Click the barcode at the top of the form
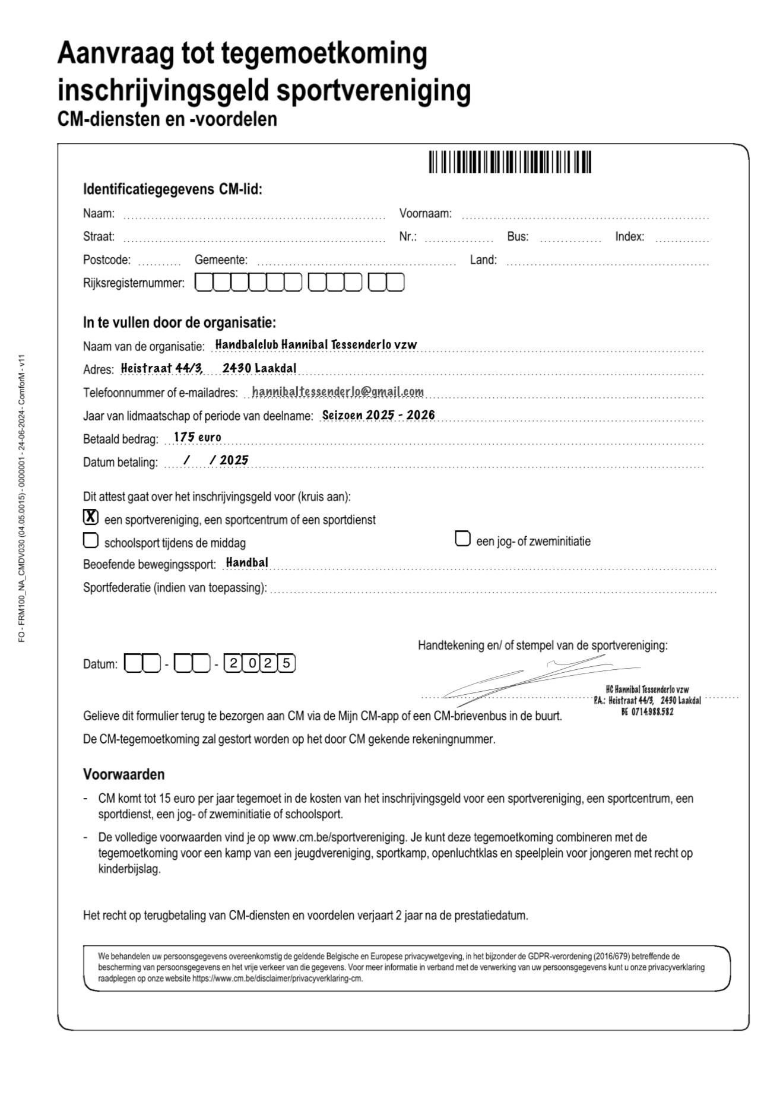[x=510, y=162]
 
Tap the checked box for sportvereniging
[x=90, y=517]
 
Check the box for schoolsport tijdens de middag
[x=90, y=540]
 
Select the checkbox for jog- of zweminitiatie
[x=462, y=539]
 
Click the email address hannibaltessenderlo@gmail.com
[x=338, y=392]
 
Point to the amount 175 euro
[x=197, y=438]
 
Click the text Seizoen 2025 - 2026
[x=378, y=415]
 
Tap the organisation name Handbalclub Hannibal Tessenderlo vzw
[x=316, y=344]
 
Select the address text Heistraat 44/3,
[x=162, y=368]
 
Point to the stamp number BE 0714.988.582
[x=647, y=711]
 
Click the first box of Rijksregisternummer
[x=204, y=283]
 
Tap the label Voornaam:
[x=425, y=213]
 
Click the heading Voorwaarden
[x=123, y=774]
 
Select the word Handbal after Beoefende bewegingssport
[x=247, y=562]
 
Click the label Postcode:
[x=107, y=260]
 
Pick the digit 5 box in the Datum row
[x=287, y=663]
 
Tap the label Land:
[x=483, y=259]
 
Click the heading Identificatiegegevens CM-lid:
[x=172, y=189]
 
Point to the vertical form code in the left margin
[x=21, y=499]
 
